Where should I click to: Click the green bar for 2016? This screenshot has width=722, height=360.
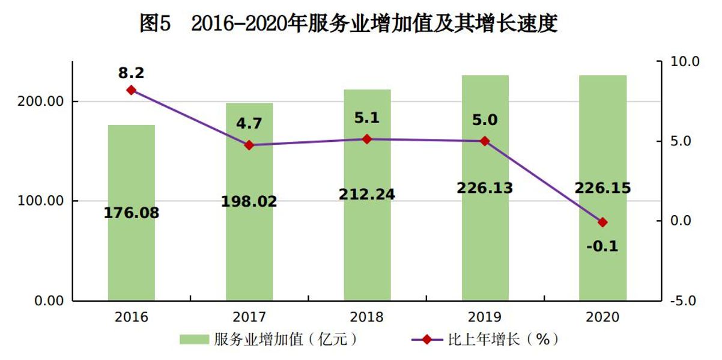(x=132, y=252)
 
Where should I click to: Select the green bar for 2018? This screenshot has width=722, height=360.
(x=367, y=252)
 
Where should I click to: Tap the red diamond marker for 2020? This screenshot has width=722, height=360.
(x=602, y=222)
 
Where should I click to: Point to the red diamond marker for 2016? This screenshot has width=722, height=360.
(x=132, y=90)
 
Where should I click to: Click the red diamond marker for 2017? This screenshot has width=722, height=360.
(x=249, y=145)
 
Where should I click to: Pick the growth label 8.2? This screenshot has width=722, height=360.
(x=132, y=73)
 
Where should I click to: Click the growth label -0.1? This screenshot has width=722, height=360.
(x=603, y=246)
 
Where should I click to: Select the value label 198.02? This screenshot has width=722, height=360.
(x=249, y=201)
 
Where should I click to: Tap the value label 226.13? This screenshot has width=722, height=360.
(x=485, y=188)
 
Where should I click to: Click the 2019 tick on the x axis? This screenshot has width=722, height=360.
(x=485, y=317)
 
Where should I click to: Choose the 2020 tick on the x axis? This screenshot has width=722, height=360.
(x=602, y=317)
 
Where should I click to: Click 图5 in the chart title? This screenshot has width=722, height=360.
(x=156, y=23)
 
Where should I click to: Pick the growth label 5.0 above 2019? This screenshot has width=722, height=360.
(x=485, y=120)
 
